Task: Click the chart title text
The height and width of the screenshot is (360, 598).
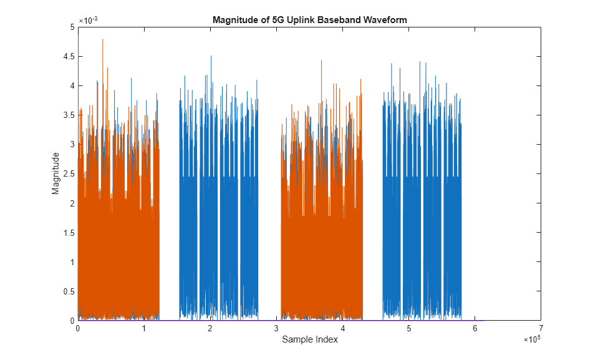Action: pos(309,19)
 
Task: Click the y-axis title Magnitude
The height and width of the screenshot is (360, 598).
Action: pos(56,173)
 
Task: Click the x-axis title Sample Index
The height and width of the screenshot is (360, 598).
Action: pos(309,339)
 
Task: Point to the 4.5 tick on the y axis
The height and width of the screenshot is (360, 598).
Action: pos(67,56)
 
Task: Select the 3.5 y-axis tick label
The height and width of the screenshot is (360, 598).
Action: pos(67,115)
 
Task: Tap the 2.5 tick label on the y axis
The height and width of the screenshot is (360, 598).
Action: pos(67,174)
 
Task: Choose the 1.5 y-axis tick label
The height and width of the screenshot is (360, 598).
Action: pos(67,233)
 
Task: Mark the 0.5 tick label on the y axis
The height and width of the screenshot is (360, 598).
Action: pos(67,291)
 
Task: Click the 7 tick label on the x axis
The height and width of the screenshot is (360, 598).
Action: pos(541,329)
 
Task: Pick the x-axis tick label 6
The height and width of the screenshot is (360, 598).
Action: pos(475,329)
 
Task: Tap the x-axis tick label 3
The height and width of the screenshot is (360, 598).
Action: pos(276,329)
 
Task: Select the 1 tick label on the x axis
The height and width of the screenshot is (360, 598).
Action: pos(144,329)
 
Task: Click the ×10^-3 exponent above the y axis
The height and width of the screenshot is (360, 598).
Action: pos(89,20)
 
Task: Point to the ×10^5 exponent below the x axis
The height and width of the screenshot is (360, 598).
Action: pos(531,339)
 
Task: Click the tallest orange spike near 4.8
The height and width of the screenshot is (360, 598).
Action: pos(102,41)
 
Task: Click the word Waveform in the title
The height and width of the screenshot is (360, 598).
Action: pos(387,19)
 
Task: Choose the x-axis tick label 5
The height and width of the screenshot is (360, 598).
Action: pos(408,329)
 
